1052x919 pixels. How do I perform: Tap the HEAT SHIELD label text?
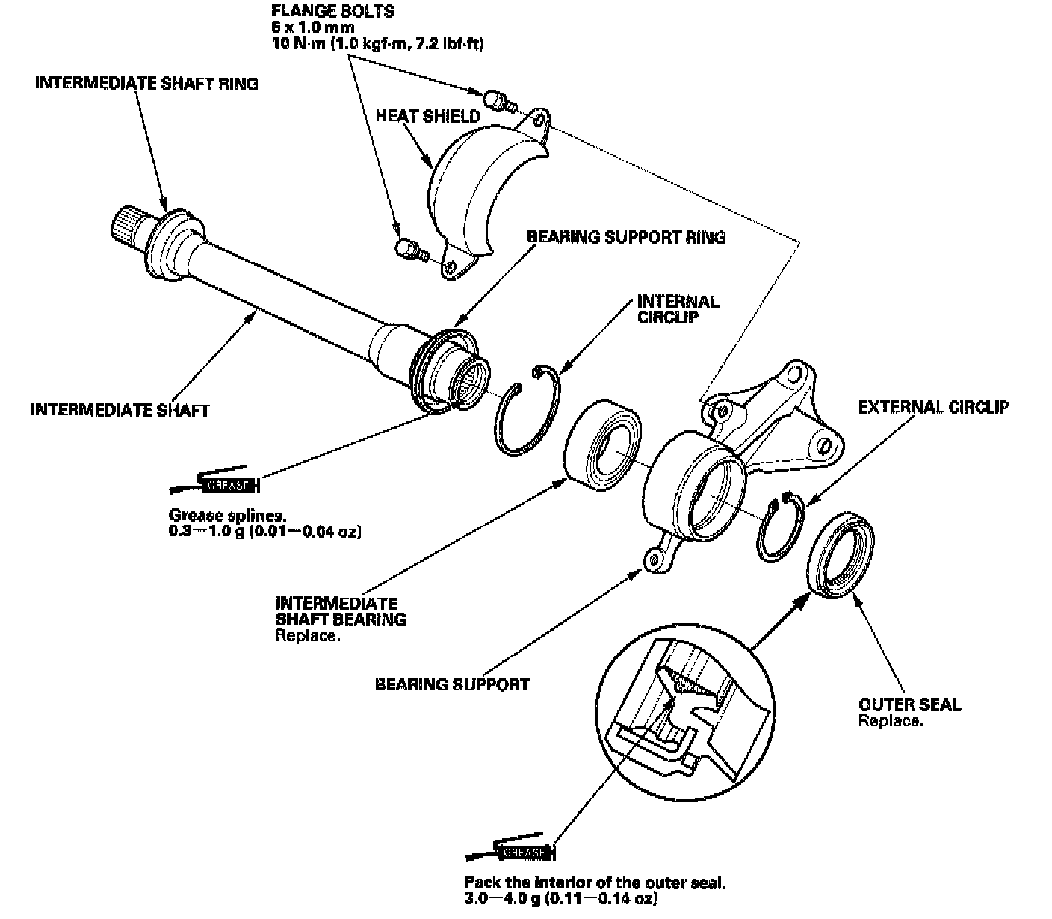point(427,116)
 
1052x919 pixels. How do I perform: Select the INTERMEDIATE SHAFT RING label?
point(146,84)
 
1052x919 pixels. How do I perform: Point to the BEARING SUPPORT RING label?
point(626,237)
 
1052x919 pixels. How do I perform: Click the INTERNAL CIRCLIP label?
point(678,309)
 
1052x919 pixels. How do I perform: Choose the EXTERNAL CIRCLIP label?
point(933,407)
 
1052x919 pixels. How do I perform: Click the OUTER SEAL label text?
point(909,705)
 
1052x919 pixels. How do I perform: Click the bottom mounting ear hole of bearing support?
point(655,558)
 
